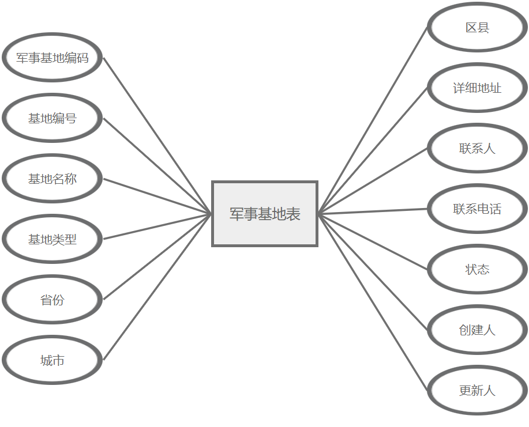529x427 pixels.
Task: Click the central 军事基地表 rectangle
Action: [265, 214]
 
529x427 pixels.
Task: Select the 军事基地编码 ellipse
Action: [52, 58]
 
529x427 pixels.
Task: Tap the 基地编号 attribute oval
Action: [52, 119]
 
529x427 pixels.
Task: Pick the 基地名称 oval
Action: [52, 179]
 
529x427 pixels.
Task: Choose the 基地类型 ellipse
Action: [52, 239]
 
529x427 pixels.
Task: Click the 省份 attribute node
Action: [52, 300]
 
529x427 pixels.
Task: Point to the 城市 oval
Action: [52, 361]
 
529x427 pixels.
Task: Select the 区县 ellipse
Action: [477, 28]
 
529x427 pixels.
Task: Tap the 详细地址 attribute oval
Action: [477, 88]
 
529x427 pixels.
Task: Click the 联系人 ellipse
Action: [477, 149]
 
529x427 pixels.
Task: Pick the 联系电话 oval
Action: [477, 209]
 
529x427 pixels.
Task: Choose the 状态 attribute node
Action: [477, 269]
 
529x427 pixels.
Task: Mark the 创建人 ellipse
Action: [477, 330]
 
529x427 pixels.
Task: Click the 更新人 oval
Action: [477, 390]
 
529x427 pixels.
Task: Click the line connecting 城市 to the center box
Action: [157, 287]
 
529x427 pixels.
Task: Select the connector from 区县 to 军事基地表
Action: [373, 120]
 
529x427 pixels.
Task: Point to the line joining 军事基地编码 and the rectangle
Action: [157, 136]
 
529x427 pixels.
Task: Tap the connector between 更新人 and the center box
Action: [373, 303]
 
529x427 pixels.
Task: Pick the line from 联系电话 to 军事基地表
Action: [373, 211]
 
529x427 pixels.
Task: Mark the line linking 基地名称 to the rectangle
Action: [157, 197]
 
